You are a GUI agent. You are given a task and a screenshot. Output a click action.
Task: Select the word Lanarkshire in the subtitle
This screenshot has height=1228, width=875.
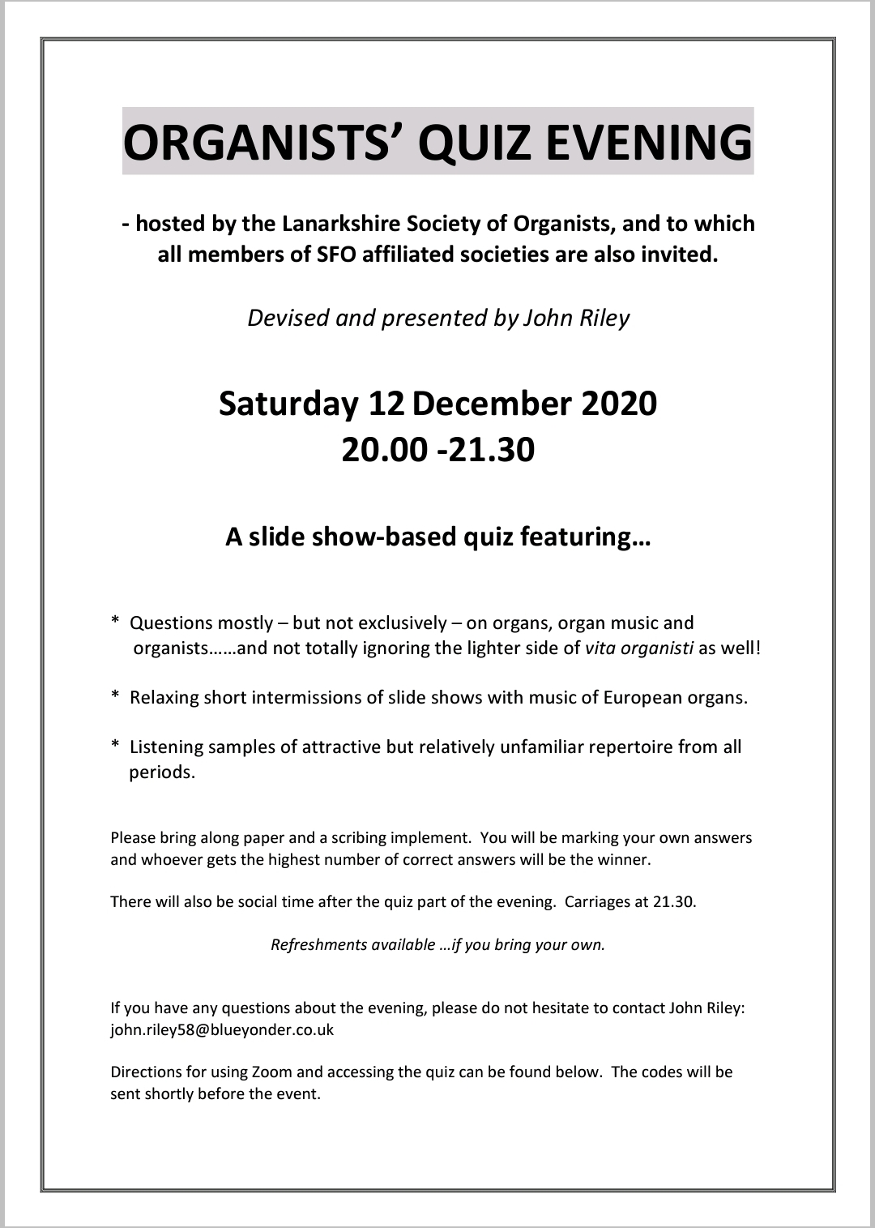pos(340,224)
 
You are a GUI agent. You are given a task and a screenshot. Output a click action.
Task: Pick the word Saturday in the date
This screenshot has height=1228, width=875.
pos(288,404)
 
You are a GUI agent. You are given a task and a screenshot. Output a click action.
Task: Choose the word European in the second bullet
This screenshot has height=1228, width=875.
pos(640,698)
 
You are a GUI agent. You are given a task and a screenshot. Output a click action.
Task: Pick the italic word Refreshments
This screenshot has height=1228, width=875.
pos(318,944)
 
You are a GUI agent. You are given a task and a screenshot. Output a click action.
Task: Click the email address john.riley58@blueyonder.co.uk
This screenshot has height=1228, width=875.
pos(222,1030)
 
